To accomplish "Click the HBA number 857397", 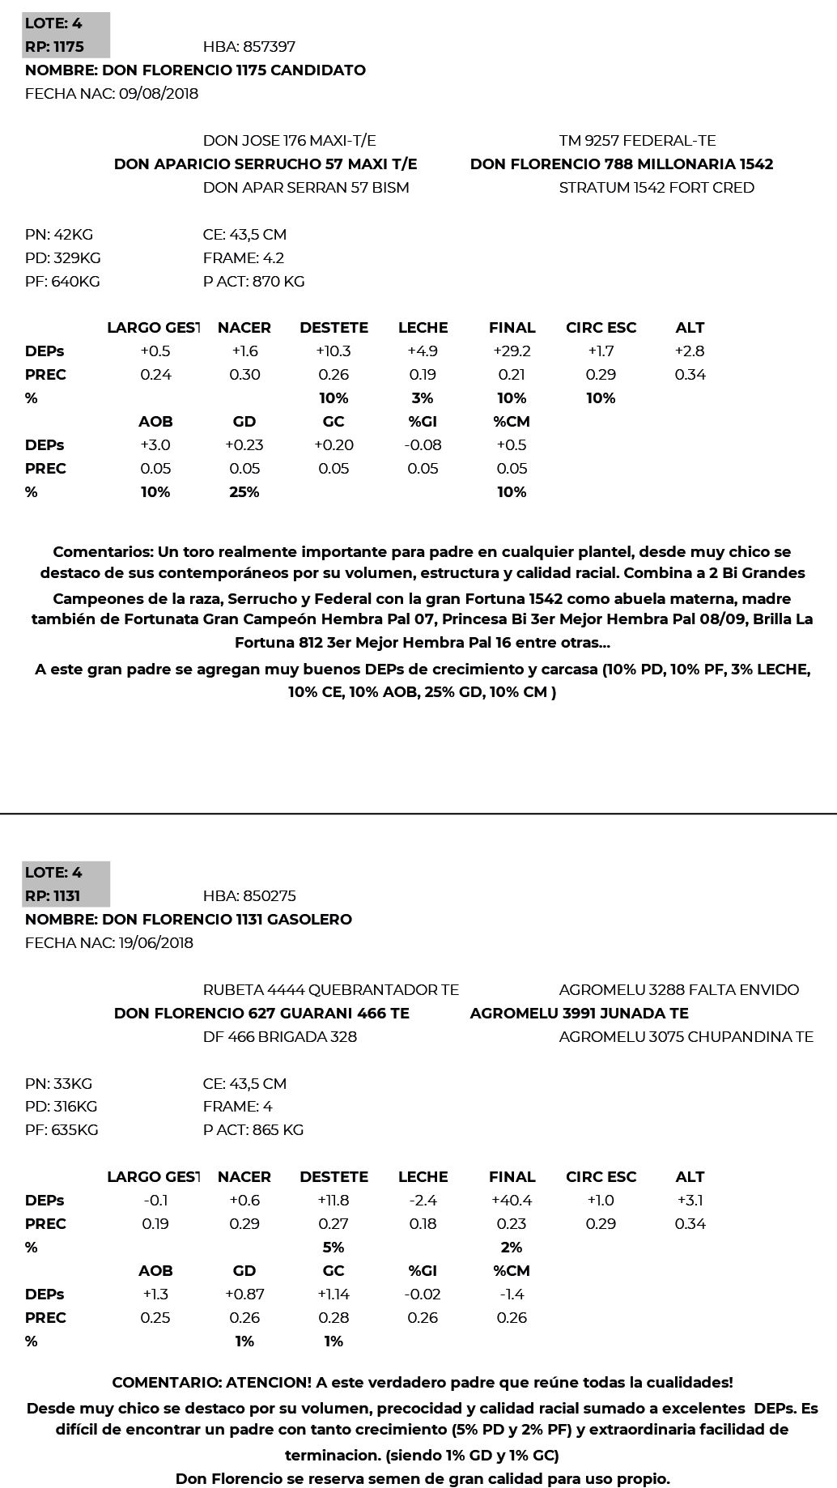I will click(249, 47).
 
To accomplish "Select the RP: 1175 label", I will click(54, 47).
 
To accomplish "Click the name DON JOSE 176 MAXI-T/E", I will click(289, 141).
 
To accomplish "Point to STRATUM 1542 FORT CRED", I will click(656, 188).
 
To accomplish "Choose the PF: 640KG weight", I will click(62, 282).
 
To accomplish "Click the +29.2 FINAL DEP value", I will click(512, 351).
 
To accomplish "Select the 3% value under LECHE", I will click(423, 398).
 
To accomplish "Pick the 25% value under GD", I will click(244, 492).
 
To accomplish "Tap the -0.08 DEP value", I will click(423, 445).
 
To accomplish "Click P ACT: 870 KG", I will click(253, 282).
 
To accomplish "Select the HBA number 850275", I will click(249, 896).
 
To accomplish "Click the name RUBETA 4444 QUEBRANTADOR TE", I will click(330, 990).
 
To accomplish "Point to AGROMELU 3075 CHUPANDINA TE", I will click(686, 1037).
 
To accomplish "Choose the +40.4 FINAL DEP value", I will click(512, 1201).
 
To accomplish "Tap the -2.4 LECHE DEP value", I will click(423, 1201).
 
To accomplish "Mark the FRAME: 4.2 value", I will click(243, 258).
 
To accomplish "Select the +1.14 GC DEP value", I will click(334, 1295).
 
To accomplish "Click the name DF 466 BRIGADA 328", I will click(279, 1037).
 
